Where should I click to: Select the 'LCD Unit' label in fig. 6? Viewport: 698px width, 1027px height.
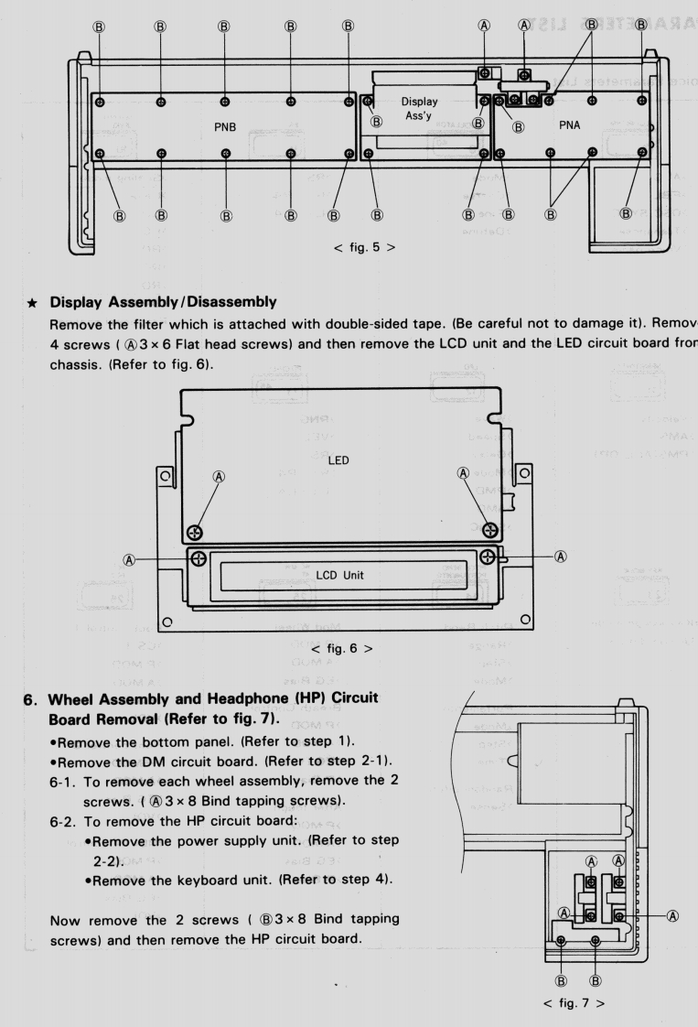[349, 575]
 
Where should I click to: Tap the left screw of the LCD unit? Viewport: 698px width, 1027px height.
[198, 555]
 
